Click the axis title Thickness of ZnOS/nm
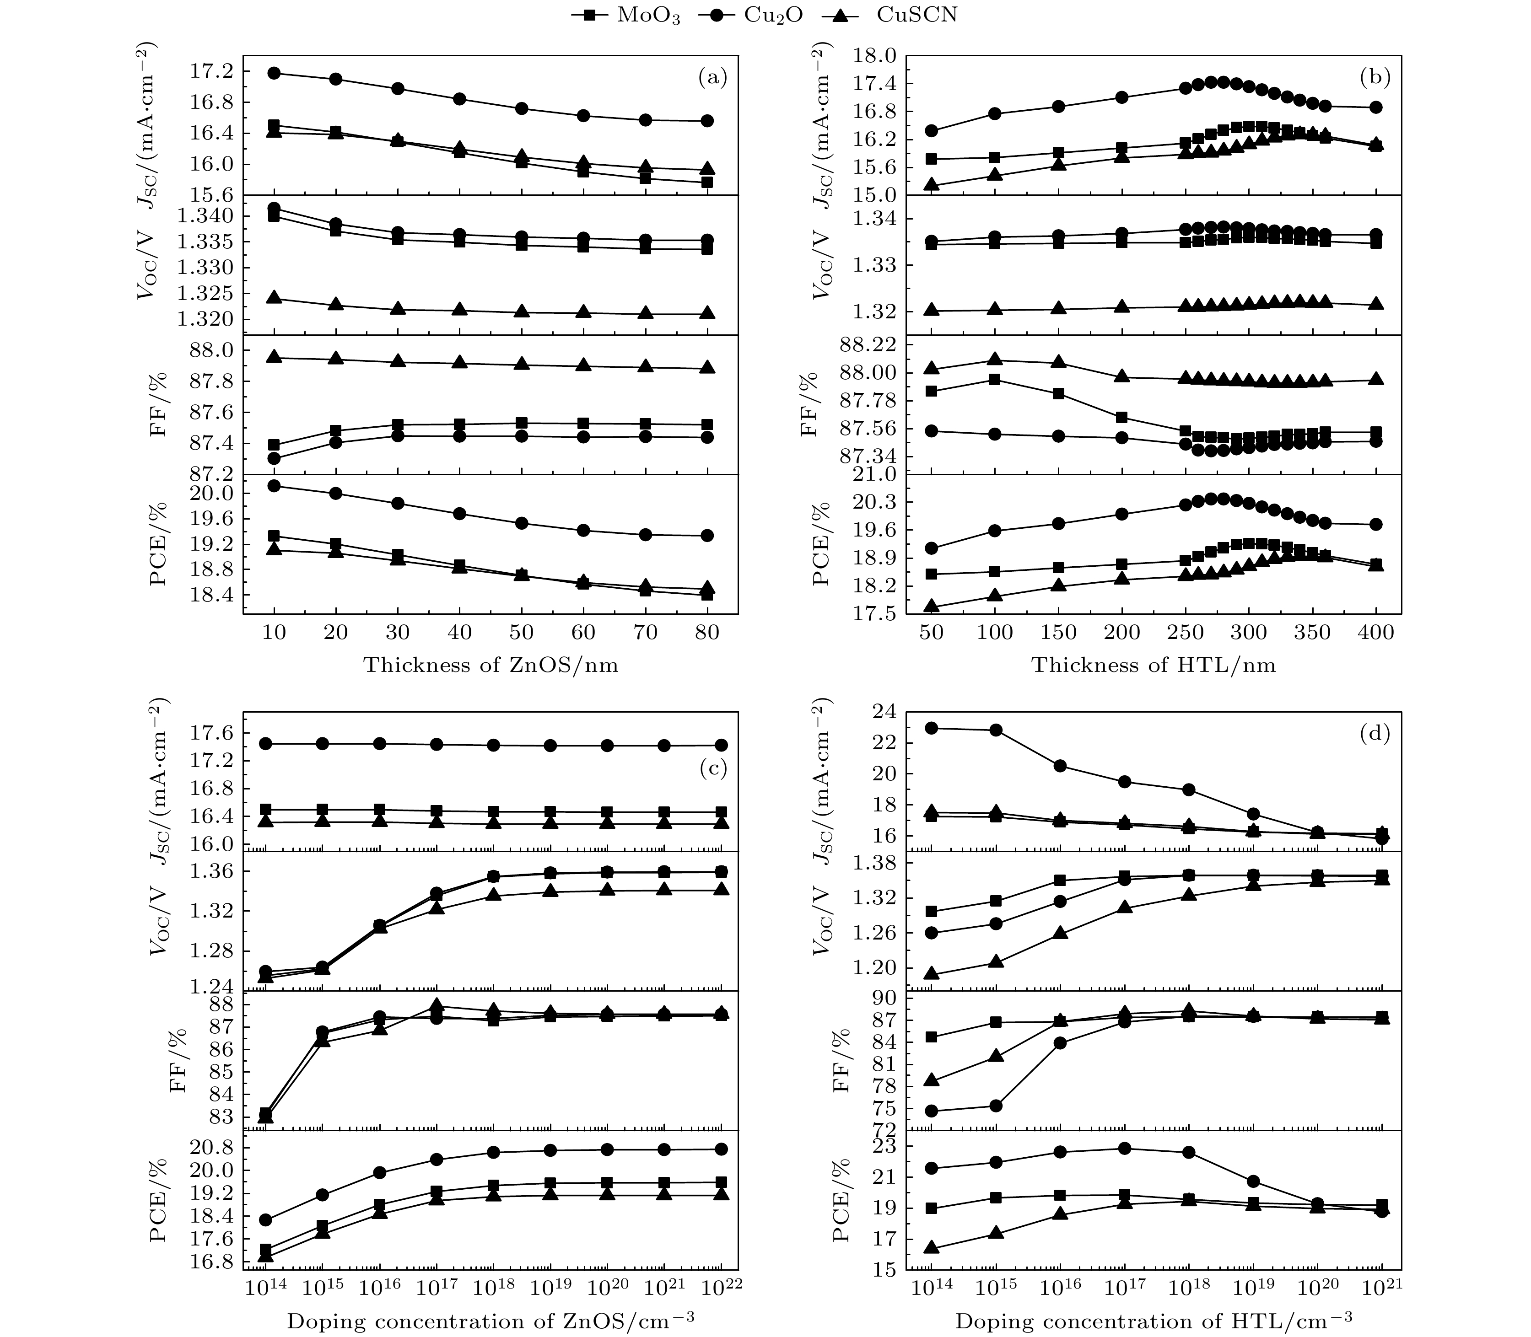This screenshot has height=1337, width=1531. (x=491, y=665)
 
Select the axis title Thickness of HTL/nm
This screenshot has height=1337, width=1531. (x=1154, y=665)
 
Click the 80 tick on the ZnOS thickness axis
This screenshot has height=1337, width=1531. (x=707, y=633)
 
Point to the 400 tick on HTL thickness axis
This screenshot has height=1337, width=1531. (x=1376, y=633)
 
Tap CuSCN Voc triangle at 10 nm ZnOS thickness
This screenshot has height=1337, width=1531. (x=274, y=298)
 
